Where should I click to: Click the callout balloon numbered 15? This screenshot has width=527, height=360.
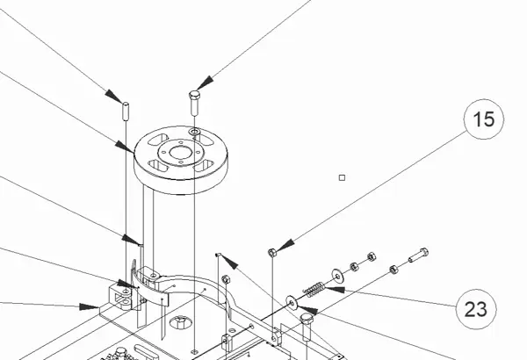click(x=484, y=120)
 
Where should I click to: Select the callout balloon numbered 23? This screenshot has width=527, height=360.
click(x=475, y=309)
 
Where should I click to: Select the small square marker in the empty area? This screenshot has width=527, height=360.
click(x=343, y=177)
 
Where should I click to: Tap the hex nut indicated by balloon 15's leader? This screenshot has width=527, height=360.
click(x=272, y=253)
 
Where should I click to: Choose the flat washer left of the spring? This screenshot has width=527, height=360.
click(x=291, y=302)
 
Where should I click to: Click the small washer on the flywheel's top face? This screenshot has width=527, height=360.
click(x=194, y=133)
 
